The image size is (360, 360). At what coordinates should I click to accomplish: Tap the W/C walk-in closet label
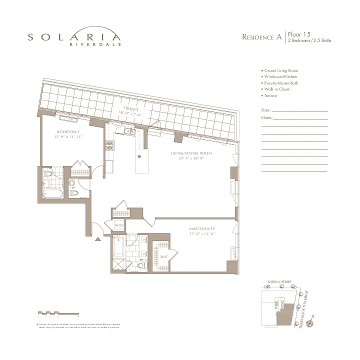pyautogui.click(x=163, y=256)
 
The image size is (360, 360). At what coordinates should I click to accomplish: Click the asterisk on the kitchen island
pyautogui.click(x=139, y=157)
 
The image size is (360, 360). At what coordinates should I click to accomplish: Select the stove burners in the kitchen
pyautogui.click(x=109, y=145)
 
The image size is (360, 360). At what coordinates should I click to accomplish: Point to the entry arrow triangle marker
pyautogui.click(x=98, y=239)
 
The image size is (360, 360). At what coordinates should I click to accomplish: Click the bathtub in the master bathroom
pyautogui.click(x=118, y=246)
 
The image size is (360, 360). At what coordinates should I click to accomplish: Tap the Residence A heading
pyautogui.click(x=261, y=37)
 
